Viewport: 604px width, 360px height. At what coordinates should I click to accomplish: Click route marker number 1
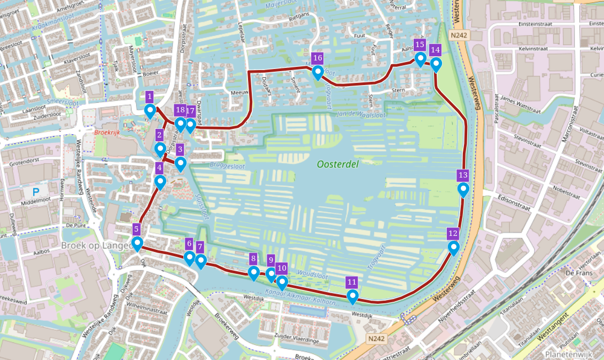[x=150, y=111]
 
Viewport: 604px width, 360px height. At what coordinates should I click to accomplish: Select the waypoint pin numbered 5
[x=137, y=243]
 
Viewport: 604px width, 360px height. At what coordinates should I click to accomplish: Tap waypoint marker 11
[x=352, y=296]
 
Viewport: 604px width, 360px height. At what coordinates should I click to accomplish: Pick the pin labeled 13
[x=463, y=189]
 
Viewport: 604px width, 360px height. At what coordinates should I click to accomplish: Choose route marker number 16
[x=318, y=72]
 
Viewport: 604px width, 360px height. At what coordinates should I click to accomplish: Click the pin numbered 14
[x=436, y=64]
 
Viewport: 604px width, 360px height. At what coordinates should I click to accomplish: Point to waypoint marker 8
[x=254, y=273]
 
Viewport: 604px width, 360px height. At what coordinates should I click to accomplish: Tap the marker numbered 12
[x=454, y=248]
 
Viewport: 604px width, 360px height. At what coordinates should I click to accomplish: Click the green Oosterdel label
[x=337, y=165]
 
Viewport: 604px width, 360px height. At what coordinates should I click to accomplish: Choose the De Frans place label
[x=577, y=273]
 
